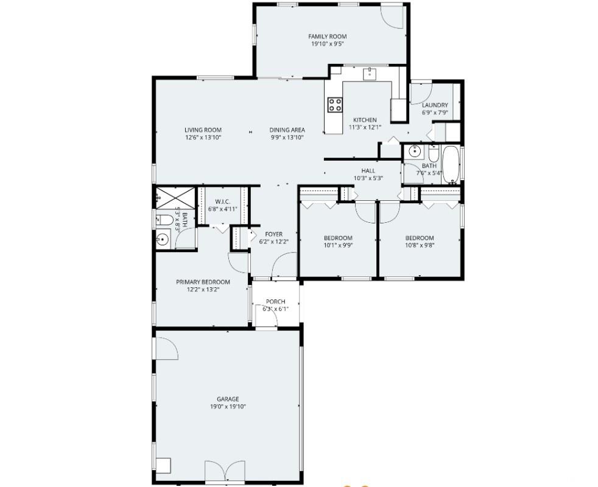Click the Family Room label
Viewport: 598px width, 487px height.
327,37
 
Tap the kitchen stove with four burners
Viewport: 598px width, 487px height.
335,105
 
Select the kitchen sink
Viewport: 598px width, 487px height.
370,74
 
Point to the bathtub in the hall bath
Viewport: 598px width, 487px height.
451,164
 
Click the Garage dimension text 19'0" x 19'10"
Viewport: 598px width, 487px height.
228,407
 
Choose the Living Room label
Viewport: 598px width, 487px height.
203,130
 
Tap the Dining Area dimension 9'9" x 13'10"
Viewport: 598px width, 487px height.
287,138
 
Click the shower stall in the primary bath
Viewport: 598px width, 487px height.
175,198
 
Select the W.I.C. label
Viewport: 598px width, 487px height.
222,201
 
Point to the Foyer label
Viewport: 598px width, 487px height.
274,234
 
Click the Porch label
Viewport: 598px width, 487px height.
275,302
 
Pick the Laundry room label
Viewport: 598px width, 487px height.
435,105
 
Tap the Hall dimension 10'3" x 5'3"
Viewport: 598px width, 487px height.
368,178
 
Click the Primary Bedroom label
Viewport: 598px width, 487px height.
203,282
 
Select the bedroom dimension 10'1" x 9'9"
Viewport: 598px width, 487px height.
337,245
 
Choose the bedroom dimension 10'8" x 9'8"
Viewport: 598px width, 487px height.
420,245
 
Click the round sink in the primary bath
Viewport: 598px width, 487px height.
163,239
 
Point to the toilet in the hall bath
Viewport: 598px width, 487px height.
434,153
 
